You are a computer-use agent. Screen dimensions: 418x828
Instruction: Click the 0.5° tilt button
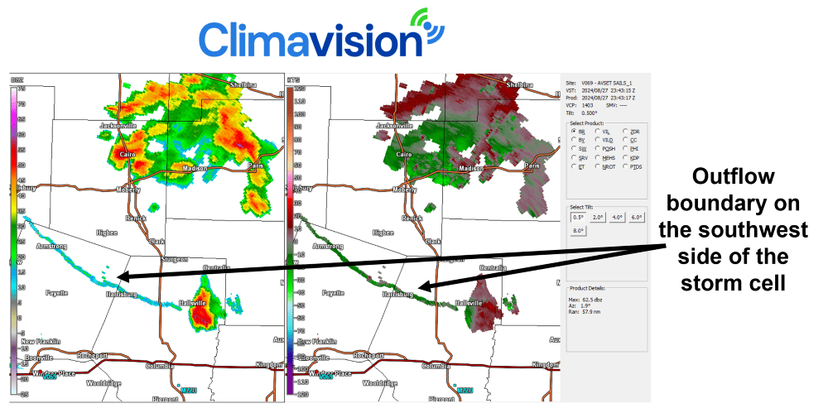tap(578, 217)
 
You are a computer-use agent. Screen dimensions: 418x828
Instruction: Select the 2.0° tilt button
tap(598, 217)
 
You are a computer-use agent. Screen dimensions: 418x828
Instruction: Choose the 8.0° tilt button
tap(578, 231)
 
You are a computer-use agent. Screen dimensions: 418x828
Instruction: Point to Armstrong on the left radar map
tap(51, 246)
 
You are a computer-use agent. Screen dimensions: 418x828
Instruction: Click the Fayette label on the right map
tap(333, 293)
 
